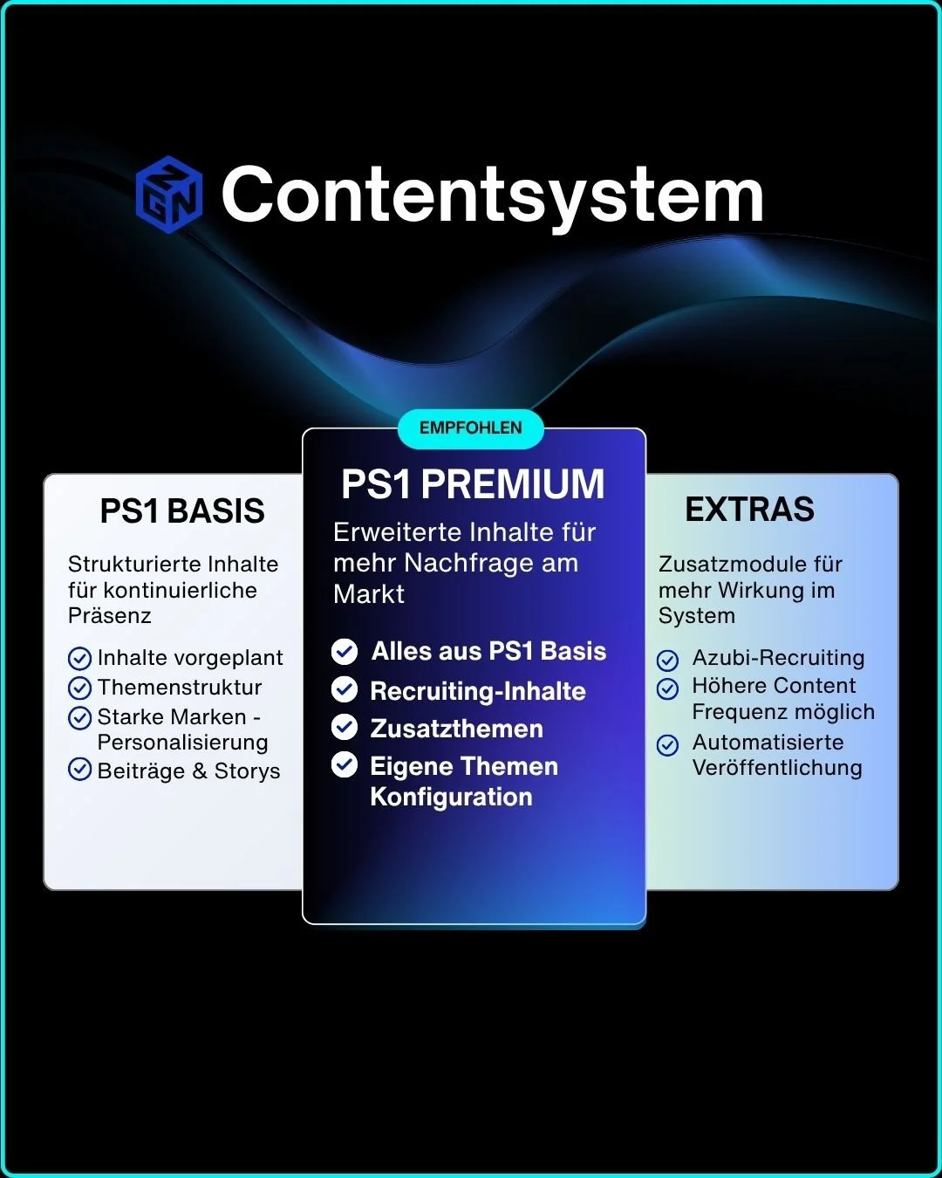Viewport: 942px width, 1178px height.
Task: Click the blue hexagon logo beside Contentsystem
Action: click(x=169, y=195)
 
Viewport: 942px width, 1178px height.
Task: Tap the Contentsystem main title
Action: click(x=493, y=195)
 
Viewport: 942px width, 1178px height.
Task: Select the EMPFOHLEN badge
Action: click(x=471, y=428)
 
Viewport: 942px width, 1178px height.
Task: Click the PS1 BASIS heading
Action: click(x=182, y=511)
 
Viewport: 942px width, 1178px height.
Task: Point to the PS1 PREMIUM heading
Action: click(x=473, y=484)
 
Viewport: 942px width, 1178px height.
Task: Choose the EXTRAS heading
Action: click(x=749, y=510)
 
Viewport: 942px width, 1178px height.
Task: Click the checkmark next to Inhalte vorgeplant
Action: click(x=79, y=658)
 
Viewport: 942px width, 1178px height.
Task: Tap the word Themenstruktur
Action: click(x=180, y=688)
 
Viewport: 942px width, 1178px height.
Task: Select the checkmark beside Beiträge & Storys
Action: click(x=79, y=770)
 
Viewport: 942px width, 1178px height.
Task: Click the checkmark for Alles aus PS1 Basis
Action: click(x=345, y=651)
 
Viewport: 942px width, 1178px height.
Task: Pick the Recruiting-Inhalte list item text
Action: click(x=478, y=691)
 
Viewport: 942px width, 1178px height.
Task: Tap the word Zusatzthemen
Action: click(x=457, y=729)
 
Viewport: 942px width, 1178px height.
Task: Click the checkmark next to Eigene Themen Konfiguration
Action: click(x=345, y=765)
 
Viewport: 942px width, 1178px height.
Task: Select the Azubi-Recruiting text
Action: click(x=778, y=658)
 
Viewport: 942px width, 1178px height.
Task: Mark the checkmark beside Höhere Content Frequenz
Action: click(x=668, y=689)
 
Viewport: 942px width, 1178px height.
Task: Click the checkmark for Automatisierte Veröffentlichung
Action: click(x=668, y=745)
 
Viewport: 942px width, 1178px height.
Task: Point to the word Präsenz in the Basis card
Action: click(x=110, y=616)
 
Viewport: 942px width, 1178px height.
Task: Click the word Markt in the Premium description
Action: click(x=369, y=594)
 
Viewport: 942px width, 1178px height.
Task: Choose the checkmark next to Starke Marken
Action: click(x=79, y=718)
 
